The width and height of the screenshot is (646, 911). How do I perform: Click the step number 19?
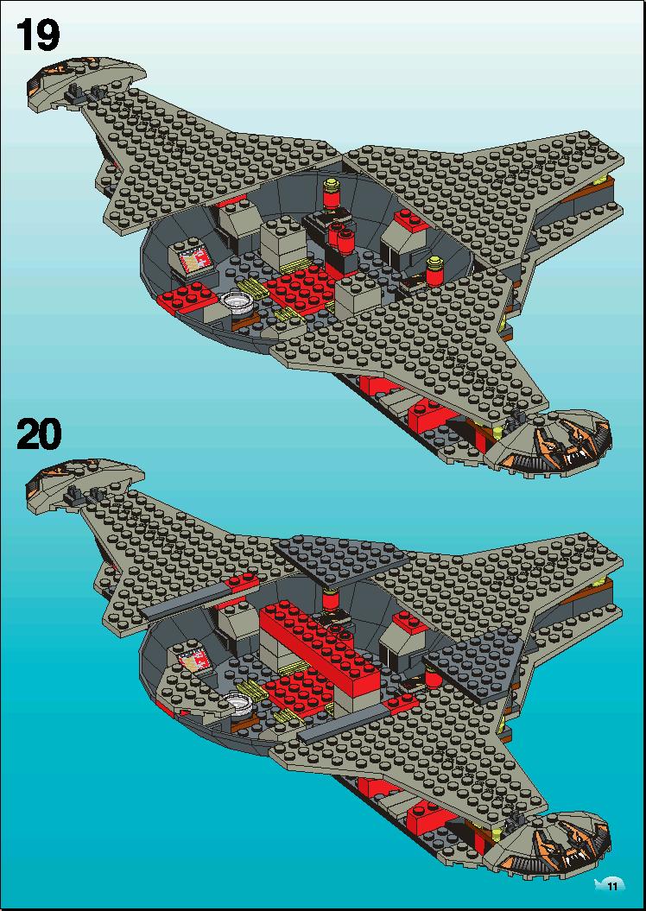pos(38,35)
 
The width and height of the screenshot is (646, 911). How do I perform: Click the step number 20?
pos(38,434)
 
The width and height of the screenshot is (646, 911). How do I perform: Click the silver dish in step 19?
pos(237,301)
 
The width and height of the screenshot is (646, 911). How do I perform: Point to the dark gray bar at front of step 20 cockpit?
pos(344,723)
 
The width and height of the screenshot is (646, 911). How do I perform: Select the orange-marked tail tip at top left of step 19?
pos(85,80)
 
